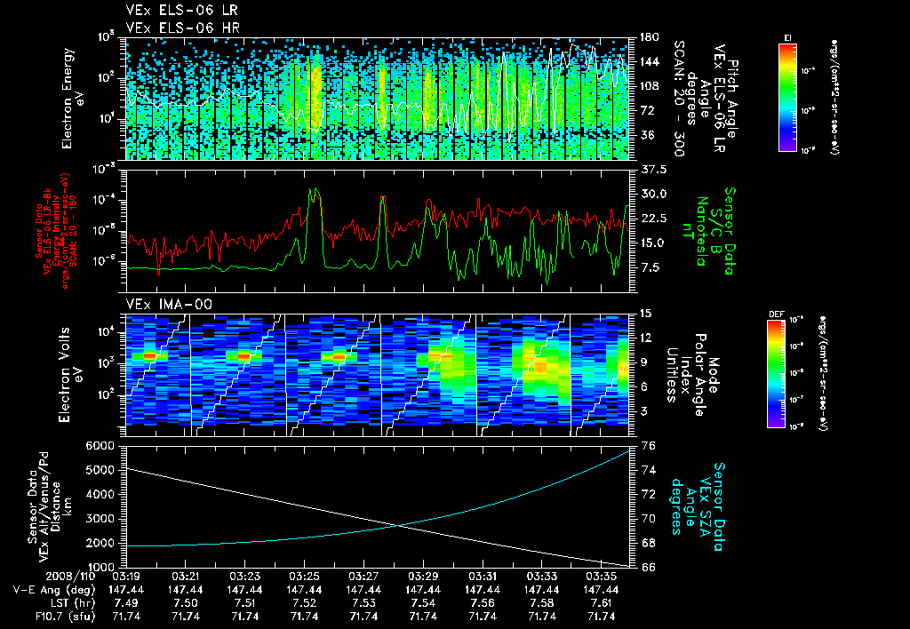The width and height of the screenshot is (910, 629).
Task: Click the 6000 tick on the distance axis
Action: pyautogui.click(x=101, y=445)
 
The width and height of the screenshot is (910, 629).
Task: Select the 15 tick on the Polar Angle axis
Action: pyautogui.click(x=644, y=313)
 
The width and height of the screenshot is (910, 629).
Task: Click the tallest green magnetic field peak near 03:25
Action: pyautogui.click(x=313, y=188)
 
